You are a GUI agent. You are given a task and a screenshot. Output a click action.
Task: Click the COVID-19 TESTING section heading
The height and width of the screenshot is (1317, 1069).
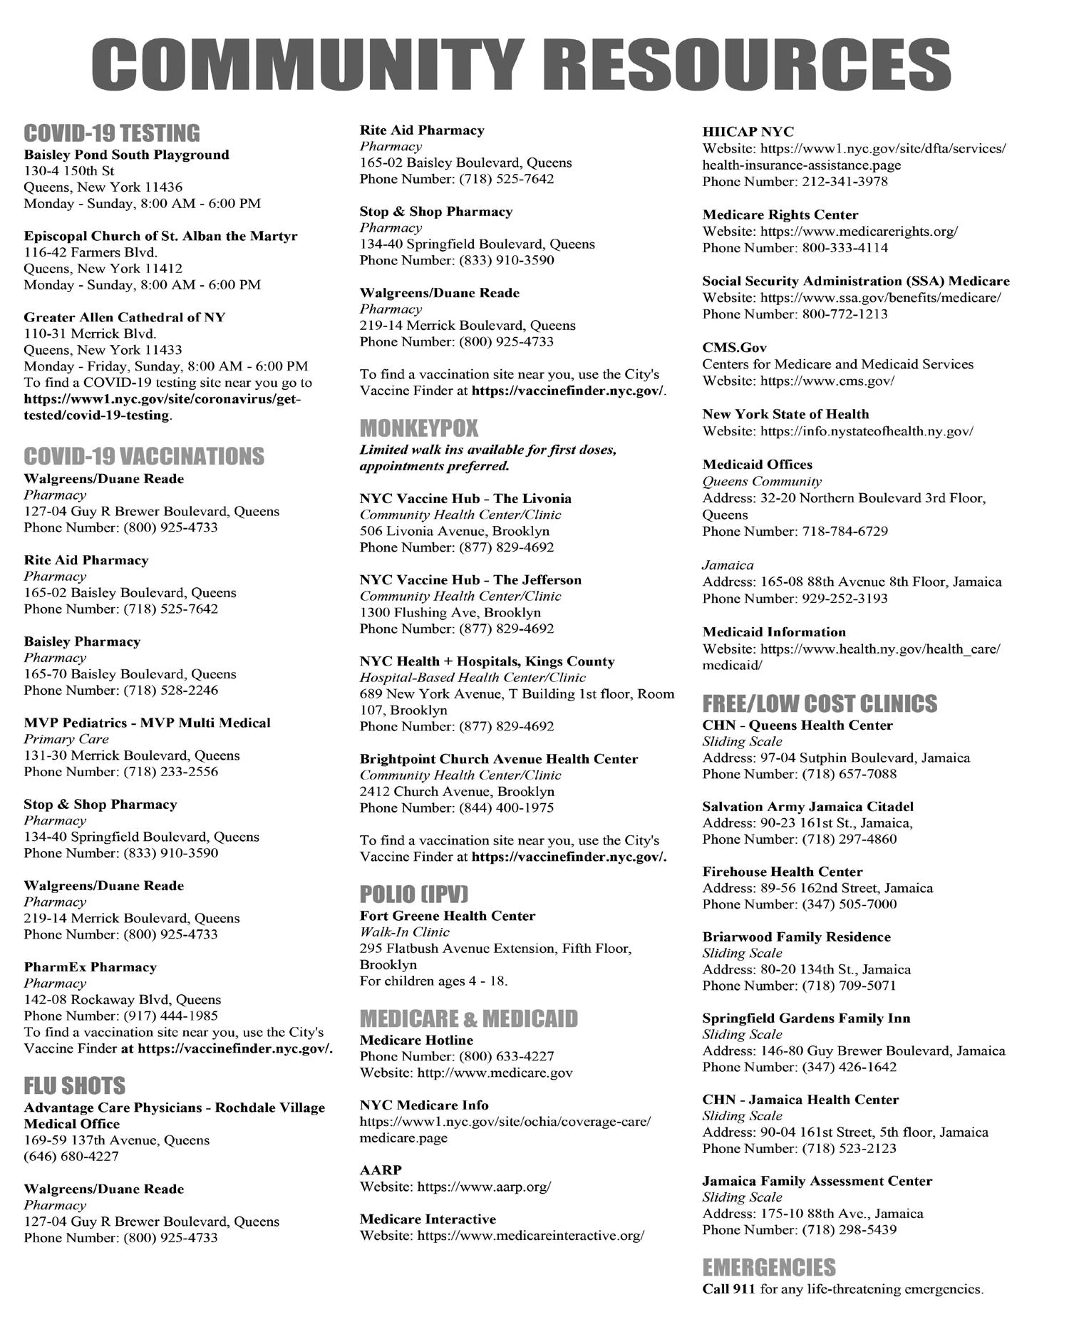tap(112, 133)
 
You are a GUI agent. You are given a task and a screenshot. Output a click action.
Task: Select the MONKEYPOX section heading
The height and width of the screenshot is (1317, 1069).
tap(418, 428)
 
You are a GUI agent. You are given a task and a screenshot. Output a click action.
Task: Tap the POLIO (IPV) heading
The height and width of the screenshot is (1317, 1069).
tap(413, 894)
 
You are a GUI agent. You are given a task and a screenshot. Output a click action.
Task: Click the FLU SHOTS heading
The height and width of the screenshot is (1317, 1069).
tap(74, 1085)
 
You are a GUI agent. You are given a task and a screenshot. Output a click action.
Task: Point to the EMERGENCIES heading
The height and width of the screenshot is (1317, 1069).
tap(768, 1267)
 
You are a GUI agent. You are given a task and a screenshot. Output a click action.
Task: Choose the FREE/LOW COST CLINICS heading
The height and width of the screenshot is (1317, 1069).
tap(819, 703)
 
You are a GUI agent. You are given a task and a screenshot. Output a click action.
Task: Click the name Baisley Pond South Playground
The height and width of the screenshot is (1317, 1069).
tap(126, 155)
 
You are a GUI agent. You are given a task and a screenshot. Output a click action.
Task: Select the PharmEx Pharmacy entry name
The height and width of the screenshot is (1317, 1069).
tap(90, 967)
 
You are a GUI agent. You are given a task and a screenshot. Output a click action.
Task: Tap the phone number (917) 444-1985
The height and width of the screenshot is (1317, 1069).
tap(170, 1016)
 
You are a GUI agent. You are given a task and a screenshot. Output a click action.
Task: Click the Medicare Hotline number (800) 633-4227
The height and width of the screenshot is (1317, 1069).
tap(506, 1056)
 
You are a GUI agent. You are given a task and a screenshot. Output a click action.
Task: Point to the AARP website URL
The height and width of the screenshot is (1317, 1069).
tap(483, 1187)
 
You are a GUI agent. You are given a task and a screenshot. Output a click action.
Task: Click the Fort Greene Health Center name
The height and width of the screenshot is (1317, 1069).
tap(447, 916)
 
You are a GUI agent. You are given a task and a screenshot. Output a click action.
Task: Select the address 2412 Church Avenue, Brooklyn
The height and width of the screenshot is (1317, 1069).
tap(456, 791)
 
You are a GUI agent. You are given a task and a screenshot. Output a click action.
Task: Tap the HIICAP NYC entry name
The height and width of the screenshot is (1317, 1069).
tap(748, 132)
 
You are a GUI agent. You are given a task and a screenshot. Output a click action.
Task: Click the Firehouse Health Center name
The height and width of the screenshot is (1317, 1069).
tap(782, 872)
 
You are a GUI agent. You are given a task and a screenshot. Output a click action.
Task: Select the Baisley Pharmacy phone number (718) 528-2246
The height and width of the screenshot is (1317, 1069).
tap(170, 690)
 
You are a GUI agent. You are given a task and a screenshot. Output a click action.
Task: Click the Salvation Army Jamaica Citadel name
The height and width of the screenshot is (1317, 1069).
tap(807, 807)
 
